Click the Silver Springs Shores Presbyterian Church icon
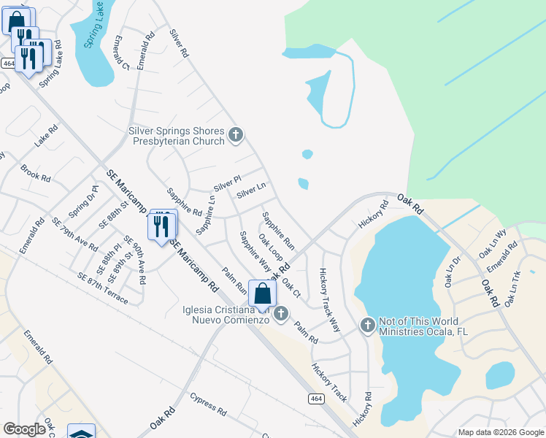(x=235, y=134)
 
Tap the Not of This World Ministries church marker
(x=368, y=325)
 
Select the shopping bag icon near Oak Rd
(x=262, y=293)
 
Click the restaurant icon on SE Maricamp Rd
(x=161, y=225)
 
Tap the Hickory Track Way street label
(x=329, y=300)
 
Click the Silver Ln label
(x=251, y=190)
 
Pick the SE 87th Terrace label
(x=103, y=288)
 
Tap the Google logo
(x=24, y=429)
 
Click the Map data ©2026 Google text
(x=500, y=432)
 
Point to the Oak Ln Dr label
(x=452, y=272)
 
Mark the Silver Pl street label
(x=227, y=181)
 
